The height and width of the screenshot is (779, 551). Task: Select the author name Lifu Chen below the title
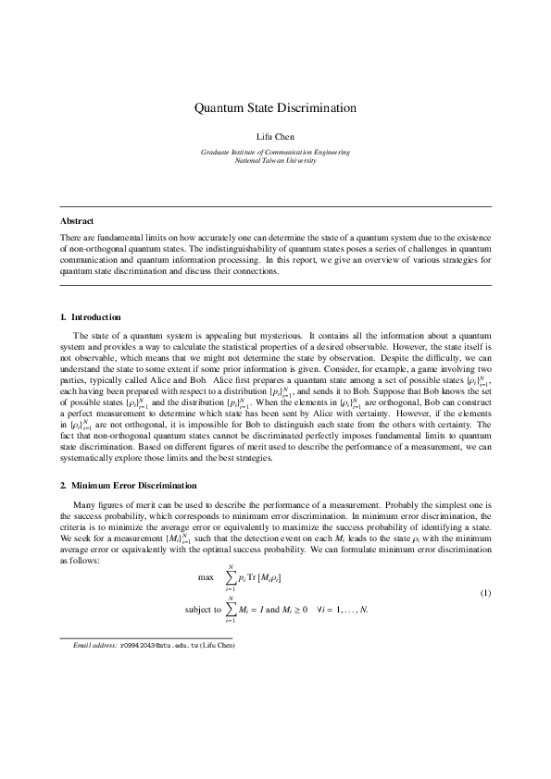coord(275,137)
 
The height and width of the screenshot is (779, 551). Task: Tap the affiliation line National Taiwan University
coord(275,160)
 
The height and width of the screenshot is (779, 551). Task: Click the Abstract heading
coord(77,221)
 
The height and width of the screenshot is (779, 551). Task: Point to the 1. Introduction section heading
coord(90,317)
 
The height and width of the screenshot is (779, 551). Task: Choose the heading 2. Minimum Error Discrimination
coord(129,485)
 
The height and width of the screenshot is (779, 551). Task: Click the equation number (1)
coord(483,592)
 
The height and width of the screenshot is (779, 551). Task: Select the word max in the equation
coord(207,576)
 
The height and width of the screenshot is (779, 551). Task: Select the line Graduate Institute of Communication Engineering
coord(275,151)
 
